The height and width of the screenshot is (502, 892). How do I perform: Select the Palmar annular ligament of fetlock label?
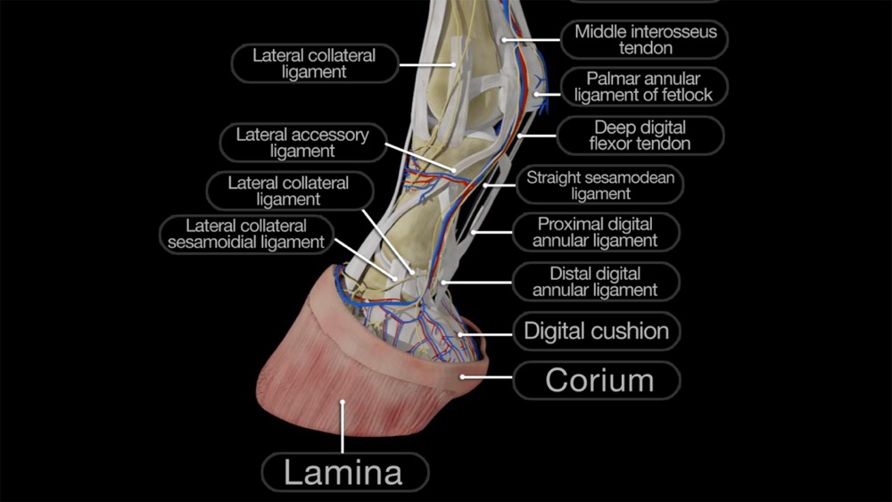pyautogui.click(x=643, y=86)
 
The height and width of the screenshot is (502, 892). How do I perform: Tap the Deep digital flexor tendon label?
pyautogui.click(x=640, y=136)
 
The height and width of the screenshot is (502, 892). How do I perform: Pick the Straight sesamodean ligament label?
pyautogui.click(x=600, y=185)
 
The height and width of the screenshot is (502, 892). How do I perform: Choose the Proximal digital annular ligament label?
pyautogui.click(x=595, y=232)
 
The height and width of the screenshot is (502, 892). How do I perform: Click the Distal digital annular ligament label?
pyautogui.click(x=595, y=281)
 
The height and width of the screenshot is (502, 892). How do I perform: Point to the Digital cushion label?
pyautogui.click(x=596, y=332)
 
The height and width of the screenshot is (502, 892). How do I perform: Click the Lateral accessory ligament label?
pyautogui.click(x=302, y=143)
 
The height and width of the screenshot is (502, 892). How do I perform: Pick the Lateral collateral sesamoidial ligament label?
pyautogui.click(x=246, y=234)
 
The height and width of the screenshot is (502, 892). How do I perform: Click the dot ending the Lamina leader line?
pyautogui.click(x=343, y=404)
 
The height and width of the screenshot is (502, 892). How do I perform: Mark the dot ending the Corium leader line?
pyautogui.click(x=463, y=378)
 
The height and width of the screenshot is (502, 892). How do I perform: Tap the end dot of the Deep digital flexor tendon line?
pyautogui.click(x=519, y=136)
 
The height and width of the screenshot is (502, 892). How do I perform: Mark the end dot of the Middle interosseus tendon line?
pyautogui.click(x=505, y=40)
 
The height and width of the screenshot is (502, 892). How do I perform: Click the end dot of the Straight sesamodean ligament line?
pyautogui.click(x=486, y=186)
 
